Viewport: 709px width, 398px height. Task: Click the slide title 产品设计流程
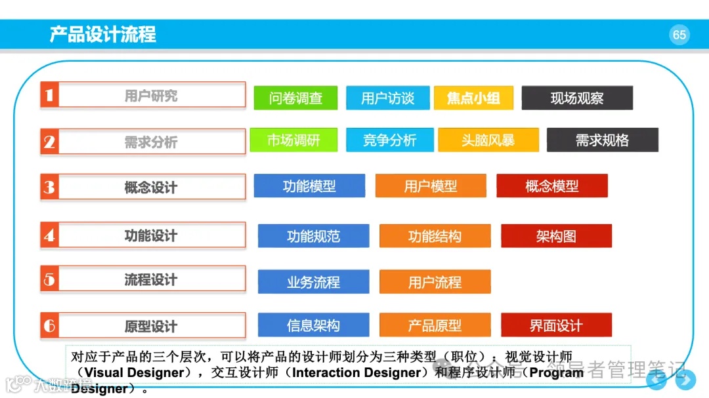coord(103,34)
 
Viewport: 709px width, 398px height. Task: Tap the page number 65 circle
coord(679,35)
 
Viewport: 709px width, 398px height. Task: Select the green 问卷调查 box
coord(295,98)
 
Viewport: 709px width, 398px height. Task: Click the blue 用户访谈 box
coord(387,98)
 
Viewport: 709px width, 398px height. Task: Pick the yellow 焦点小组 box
coord(473,98)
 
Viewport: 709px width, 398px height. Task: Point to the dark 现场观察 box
coord(577,98)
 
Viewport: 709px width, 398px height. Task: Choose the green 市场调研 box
coord(293,140)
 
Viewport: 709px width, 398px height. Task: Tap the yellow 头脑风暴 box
coord(488,140)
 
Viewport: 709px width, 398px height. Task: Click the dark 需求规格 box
coord(602,140)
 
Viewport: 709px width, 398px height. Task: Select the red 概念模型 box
coord(551,186)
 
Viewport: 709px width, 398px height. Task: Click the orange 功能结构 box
coord(435,236)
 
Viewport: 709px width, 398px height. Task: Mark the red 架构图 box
coord(556,236)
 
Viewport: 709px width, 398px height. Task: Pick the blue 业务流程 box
coord(313,282)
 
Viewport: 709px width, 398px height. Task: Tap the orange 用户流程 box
coord(435,282)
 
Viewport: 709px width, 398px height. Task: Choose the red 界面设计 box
coord(556,325)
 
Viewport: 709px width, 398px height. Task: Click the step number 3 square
coord(49,187)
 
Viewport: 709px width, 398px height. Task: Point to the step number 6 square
coord(49,325)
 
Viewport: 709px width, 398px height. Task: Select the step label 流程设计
coord(151,280)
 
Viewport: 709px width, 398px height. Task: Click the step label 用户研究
coord(151,96)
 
